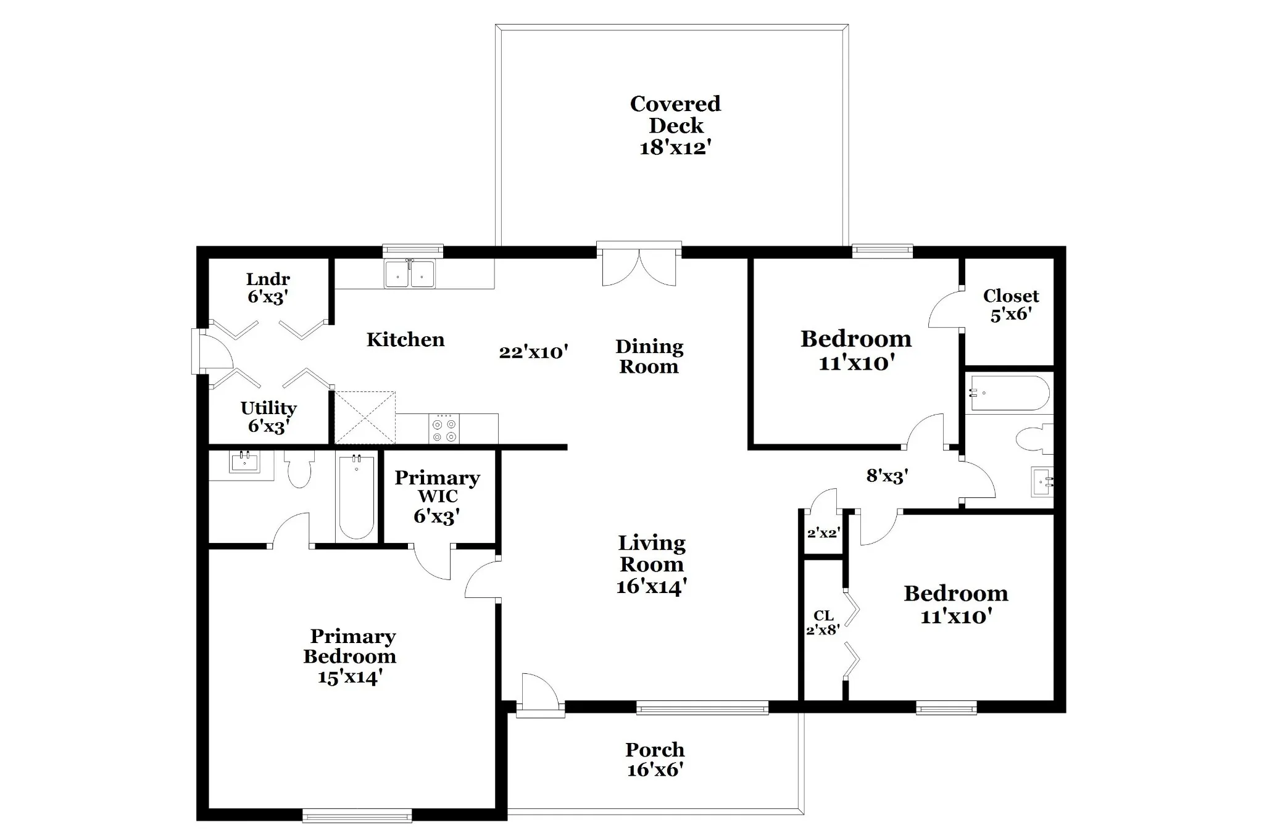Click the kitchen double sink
[409, 274]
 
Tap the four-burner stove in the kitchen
[444, 428]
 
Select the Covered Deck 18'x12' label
[675, 125]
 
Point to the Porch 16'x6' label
[655, 760]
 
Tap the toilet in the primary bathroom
[299, 469]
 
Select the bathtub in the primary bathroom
[357, 497]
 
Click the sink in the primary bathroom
[243, 461]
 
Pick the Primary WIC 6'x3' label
[437, 497]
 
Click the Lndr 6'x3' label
[268, 288]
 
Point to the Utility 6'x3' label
[268, 417]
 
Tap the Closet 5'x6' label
[1011, 305]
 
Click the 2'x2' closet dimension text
[823, 533]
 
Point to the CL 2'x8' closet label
[823, 623]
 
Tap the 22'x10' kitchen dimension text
[533, 352]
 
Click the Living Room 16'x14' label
[652, 565]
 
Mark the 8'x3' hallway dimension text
[887, 475]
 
